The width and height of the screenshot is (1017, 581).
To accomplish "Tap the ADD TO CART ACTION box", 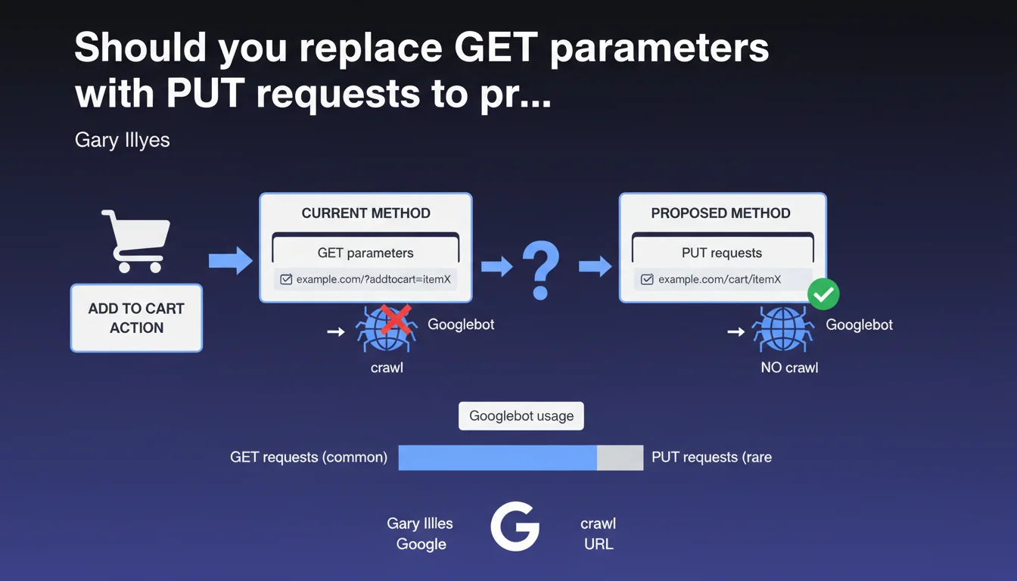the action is pos(137,318).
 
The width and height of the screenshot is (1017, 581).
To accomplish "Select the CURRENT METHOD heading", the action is pos(366,213).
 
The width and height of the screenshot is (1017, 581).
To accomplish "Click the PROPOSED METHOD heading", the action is pos(720,213).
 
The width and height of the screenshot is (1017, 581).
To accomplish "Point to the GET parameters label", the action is pos(365,253).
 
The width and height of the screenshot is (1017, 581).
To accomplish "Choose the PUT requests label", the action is pos(722,253).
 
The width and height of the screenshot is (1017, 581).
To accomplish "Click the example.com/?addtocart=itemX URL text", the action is pos(374,279).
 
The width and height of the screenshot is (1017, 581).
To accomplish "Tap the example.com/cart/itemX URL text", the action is pos(720,279).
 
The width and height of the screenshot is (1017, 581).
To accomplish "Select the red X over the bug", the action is pos(396,319).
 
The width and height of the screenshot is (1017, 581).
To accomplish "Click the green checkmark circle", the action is pos(823,294).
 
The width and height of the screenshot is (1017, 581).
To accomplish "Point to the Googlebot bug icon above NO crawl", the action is pos(782,329).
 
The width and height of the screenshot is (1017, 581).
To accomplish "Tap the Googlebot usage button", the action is pos(521,416).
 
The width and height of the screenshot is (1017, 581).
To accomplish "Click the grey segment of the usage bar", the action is pos(620,458).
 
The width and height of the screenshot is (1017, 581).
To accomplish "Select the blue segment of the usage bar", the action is pos(498,458).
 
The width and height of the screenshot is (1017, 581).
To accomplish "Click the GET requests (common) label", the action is pos(309,457).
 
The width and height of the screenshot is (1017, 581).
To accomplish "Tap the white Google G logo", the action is pos(515,527).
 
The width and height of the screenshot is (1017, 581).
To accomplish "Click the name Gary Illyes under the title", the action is pos(122,140).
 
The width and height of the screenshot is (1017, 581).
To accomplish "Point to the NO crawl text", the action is pos(789,367).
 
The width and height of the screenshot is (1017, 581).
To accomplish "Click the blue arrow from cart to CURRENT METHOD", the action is pos(231,260).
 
